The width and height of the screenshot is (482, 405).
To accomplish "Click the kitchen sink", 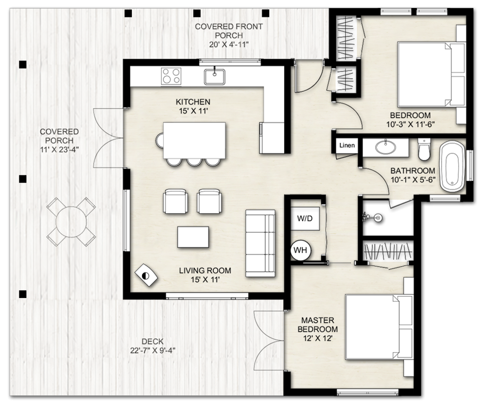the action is tap(215, 77).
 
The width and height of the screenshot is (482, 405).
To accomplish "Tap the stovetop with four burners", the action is tap(171, 76).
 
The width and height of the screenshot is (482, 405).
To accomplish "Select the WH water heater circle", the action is tap(300, 250).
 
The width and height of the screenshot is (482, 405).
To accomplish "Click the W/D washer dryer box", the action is tap(305, 219).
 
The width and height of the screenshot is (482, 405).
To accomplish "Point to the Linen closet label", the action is tap(347, 146).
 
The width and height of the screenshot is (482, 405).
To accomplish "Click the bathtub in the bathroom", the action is tap(452, 166).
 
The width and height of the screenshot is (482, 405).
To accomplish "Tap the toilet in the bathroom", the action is tap(425, 149).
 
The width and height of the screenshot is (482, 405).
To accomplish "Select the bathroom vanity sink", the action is tap(386, 147).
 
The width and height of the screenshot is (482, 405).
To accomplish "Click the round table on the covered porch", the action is tap(71, 221).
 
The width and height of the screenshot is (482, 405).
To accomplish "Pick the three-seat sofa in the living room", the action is tap(260, 243).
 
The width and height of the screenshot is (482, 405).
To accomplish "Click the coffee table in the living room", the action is tap(193, 237).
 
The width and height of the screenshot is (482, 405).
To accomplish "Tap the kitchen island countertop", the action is tap(194, 140).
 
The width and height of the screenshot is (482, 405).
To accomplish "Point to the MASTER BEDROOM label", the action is tap(318, 325).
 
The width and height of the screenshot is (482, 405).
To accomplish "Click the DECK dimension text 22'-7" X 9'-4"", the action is tap(153, 350).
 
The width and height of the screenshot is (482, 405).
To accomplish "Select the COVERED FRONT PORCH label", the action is tap(229, 31).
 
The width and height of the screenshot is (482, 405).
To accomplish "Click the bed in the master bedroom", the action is tap(378, 326).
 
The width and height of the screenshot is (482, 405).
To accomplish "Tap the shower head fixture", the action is tap(373, 218).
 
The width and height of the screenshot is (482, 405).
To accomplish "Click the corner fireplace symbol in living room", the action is tap(146, 275).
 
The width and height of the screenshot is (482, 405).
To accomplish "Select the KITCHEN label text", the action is tap(193, 102).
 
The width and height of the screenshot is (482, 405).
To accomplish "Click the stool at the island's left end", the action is tap(160, 140).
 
